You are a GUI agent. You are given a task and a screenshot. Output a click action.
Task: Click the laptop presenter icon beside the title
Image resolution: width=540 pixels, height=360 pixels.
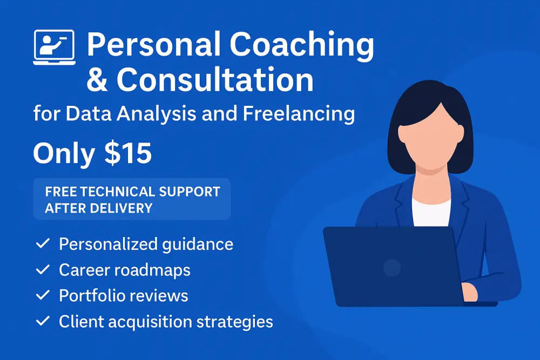click(55, 47)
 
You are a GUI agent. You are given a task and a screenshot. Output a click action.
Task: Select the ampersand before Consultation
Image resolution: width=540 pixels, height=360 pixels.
click(97, 80)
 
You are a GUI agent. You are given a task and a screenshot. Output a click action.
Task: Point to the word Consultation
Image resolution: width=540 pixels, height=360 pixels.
click(215, 80)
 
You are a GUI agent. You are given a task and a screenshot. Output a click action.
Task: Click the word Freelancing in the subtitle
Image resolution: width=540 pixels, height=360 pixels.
click(299, 114)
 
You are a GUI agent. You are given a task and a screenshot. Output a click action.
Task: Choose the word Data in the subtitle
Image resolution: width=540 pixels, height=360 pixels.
click(89, 113)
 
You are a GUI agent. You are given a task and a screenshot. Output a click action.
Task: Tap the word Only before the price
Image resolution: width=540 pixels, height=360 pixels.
click(64, 153)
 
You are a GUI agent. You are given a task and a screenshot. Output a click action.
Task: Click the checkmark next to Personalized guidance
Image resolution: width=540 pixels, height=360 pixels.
click(43, 243)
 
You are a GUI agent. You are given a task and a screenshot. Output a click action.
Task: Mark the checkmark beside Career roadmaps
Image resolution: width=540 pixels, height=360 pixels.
click(43, 269)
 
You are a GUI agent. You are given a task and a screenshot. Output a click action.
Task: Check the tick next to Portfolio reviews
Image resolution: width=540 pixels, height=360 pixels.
click(43, 295)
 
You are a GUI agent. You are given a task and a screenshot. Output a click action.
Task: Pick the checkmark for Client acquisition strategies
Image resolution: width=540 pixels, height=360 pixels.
click(43, 321)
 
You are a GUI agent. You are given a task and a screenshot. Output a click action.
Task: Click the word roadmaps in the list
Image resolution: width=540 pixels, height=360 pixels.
click(152, 270)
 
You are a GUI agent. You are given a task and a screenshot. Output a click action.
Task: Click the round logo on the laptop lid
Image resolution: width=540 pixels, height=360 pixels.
click(392, 267)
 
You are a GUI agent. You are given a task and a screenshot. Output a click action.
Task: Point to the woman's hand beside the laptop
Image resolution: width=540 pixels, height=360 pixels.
click(469, 293)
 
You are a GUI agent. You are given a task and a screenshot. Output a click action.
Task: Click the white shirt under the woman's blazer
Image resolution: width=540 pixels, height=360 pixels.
click(431, 212)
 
